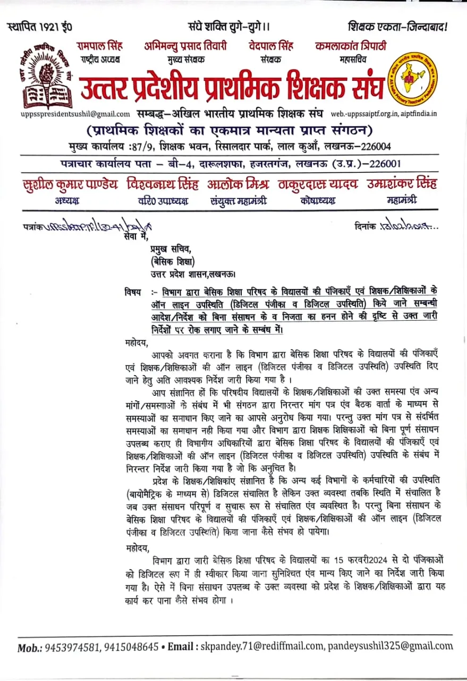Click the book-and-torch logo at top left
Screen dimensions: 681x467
(47, 77)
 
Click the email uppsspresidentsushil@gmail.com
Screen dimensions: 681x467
(75, 114)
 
